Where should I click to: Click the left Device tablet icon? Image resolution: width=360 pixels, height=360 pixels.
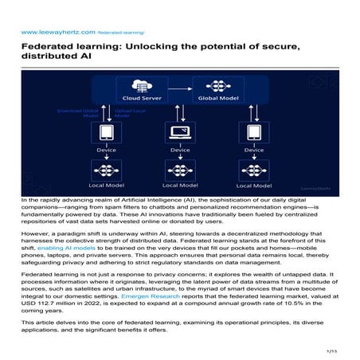(106, 132)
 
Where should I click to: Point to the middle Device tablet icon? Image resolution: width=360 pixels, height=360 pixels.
(179, 132)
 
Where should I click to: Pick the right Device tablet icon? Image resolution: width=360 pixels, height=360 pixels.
(253, 132)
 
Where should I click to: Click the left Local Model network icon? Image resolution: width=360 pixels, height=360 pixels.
(106, 170)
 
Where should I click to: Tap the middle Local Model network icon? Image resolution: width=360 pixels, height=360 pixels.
(179, 170)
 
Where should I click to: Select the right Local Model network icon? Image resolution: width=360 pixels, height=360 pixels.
(253, 170)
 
